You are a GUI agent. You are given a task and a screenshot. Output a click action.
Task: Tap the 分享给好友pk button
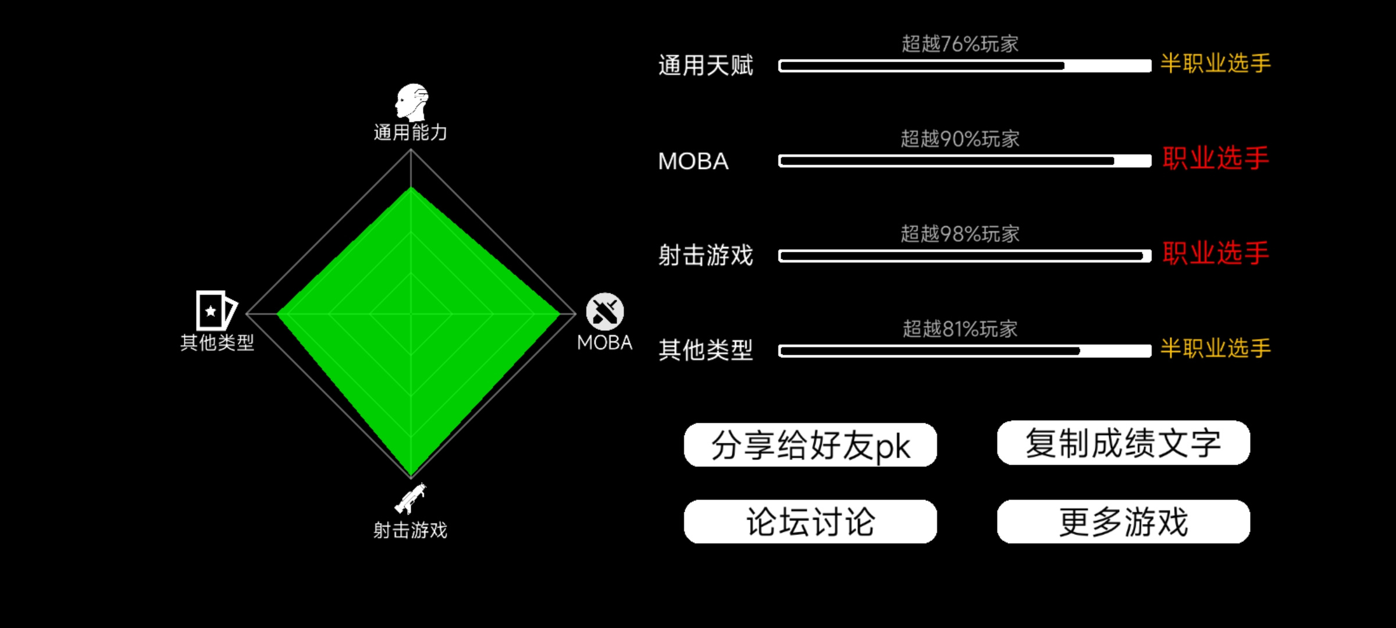tap(810, 445)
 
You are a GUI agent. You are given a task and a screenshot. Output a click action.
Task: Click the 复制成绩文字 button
tap(1123, 443)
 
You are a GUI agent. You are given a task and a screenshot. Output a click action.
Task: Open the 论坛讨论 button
tap(810, 522)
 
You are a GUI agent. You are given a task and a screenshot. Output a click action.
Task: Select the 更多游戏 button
tap(1123, 522)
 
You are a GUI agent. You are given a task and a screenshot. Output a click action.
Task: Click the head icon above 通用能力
tap(412, 102)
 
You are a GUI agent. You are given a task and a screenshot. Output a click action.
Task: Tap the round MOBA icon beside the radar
tap(605, 312)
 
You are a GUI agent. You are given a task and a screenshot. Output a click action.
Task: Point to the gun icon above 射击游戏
tap(411, 499)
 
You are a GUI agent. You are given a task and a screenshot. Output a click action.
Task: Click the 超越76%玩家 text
tap(960, 44)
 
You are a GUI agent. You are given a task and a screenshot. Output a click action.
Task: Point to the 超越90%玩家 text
tap(960, 139)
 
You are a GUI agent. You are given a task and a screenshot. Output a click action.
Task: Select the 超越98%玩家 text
tap(960, 234)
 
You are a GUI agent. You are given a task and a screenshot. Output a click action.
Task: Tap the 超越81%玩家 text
tap(960, 329)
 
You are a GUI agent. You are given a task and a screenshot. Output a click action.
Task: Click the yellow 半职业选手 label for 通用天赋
tap(1216, 63)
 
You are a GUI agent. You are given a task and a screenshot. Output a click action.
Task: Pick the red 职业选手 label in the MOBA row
tap(1216, 158)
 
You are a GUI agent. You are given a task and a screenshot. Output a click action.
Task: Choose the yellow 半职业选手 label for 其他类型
tap(1216, 348)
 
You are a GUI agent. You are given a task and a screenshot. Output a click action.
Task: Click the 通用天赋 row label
tap(706, 66)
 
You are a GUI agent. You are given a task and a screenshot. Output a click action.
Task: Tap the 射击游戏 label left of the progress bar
tap(706, 255)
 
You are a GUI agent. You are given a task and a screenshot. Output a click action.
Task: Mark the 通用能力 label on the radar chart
tap(411, 133)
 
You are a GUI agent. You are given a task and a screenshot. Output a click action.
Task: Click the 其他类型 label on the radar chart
tap(217, 342)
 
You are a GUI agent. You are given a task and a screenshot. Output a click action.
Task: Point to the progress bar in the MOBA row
tap(965, 161)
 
